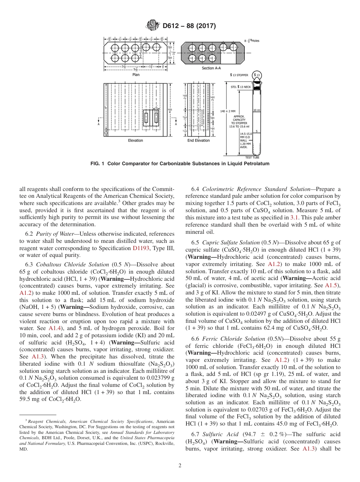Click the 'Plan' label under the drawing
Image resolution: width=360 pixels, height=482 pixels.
click(136, 75)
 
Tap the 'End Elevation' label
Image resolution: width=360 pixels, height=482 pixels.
click(199, 141)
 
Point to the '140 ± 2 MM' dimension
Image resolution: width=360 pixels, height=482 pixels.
click(228, 111)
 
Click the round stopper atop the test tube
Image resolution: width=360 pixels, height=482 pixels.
click(257, 75)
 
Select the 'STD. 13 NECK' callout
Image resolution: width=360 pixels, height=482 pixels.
click(241, 87)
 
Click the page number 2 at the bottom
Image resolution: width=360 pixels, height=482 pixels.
click(180, 466)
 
